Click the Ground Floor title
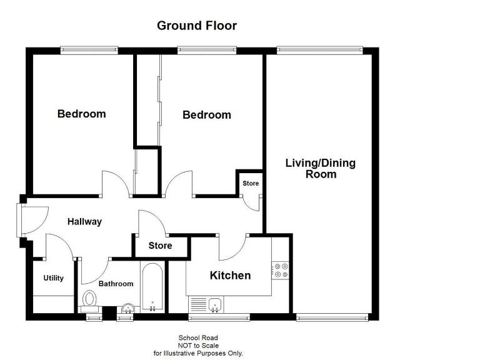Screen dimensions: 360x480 point(196,26)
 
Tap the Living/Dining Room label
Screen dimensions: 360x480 point(320,169)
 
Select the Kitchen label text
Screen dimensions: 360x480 point(230,276)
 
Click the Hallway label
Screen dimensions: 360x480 point(84,221)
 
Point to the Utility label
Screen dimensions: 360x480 point(53,278)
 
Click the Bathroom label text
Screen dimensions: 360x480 point(116,284)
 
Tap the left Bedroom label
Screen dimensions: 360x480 point(81,114)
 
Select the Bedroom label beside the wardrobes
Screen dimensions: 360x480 point(206,115)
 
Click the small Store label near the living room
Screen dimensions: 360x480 point(251,184)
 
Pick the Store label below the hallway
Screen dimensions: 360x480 point(160,246)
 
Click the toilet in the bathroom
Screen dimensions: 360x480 point(89,301)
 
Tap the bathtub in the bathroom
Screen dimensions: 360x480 point(152,288)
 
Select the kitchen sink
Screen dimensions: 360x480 point(215,304)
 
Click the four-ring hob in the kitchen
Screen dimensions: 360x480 point(281,270)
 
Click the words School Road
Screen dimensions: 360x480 point(198,338)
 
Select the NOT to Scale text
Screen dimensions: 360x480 point(198,346)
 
